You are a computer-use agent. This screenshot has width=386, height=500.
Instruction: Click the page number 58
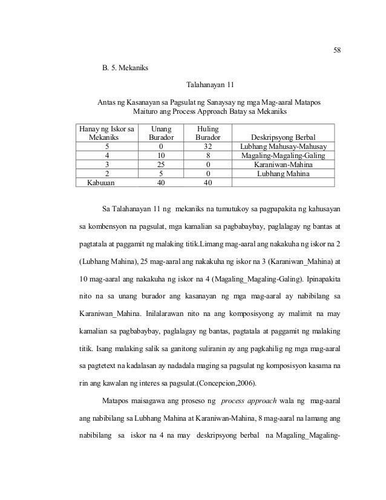pos(338,50)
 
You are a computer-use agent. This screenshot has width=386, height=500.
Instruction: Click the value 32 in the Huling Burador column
pos(208,147)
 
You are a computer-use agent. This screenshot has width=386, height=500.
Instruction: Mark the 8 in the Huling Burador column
pos(208,156)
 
